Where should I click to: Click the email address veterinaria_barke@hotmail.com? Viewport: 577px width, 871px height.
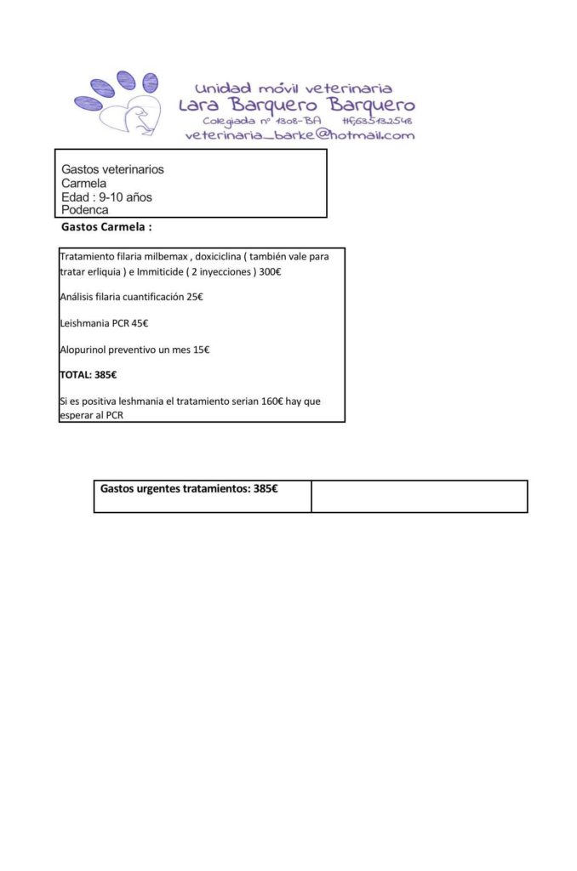point(300,134)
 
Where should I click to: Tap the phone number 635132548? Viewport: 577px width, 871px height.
point(380,121)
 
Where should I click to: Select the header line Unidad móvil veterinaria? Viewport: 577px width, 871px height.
point(294,88)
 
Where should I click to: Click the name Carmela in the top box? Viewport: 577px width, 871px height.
point(83,183)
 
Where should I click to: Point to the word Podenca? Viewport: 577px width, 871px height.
point(85,210)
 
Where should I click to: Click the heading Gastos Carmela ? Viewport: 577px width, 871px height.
point(106,228)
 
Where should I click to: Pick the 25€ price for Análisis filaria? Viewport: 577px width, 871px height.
point(195,297)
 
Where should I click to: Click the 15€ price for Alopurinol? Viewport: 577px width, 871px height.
point(201,350)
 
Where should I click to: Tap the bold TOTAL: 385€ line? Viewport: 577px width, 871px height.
point(89,375)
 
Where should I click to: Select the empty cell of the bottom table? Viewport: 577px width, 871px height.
point(419,496)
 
